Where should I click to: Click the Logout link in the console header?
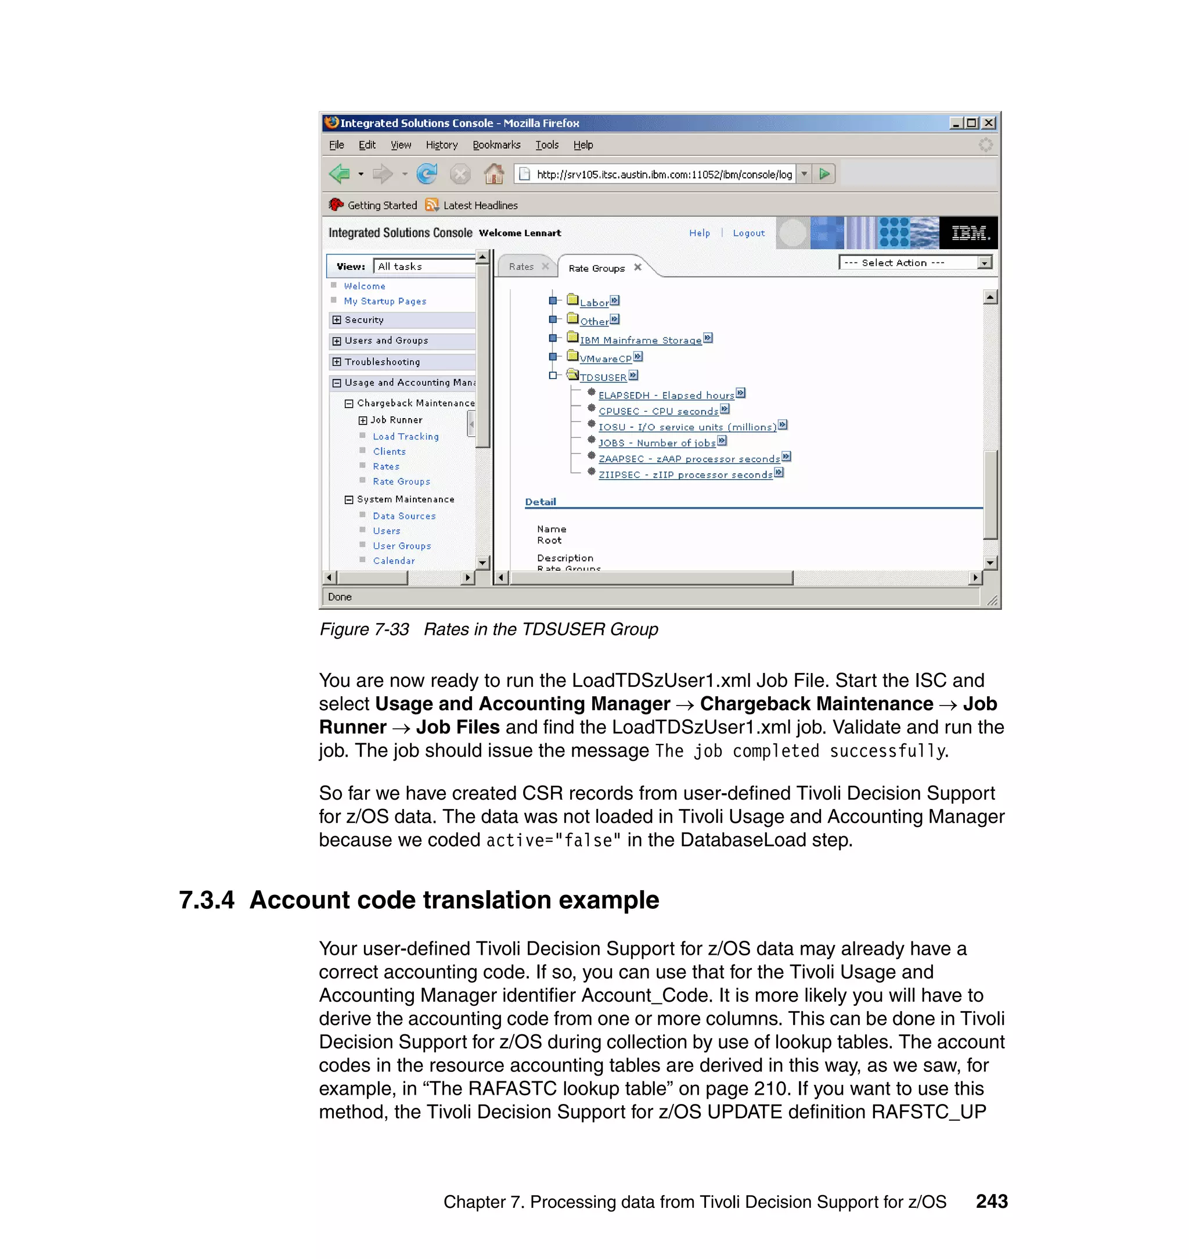click(x=748, y=233)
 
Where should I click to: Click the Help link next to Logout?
click(x=699, y=233)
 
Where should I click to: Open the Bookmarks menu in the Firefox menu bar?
click(x=496, y=145)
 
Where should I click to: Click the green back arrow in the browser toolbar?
click(x=340, y=174)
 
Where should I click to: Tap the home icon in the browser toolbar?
click(x=493, y=174)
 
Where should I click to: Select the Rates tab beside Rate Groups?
click(x=521, y=267)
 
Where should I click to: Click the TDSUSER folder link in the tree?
click(x=603, y=378)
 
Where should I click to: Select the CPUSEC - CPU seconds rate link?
click(x=658, y=411)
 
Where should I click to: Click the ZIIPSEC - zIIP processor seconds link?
click(x=685, y=475)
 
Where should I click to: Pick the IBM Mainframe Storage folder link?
click(x=640, y=340)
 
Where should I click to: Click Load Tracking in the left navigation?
click(x=406, y=437)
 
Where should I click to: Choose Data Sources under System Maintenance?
click(x=404, y=516)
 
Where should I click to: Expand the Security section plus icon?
click(x=337, y=320)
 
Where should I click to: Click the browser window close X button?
click(x=988, y=123)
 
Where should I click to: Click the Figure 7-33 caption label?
click(x=365, y=629)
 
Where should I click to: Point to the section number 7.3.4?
click(x=207, y=900)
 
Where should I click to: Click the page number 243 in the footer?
click(x=991, y=1202)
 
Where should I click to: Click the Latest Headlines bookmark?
click(x=480, y=206)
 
